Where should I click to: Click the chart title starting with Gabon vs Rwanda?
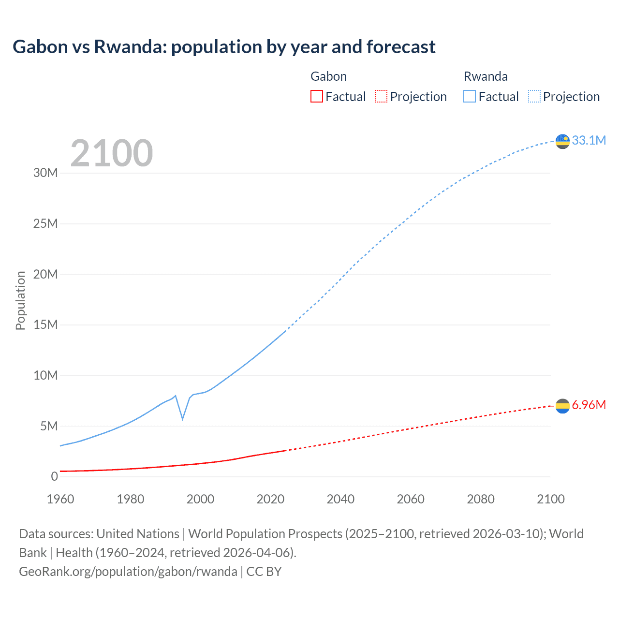click(224, 47)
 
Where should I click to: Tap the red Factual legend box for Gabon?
click(316, 96)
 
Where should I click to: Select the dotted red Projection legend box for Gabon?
click(381, 96)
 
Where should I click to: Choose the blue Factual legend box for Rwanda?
click(469, 96)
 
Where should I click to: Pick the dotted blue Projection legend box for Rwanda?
click(534, 96)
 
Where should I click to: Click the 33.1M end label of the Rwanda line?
click(589, 140)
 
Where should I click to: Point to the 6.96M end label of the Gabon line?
click(589, 405)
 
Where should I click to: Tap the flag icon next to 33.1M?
click(562, 141)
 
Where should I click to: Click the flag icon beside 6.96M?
click(562, 406)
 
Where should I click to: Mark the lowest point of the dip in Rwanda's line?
click(183, 418)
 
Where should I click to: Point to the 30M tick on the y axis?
click(45, 173)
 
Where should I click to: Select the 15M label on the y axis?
click(45, 324)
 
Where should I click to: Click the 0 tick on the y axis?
click(54, 476)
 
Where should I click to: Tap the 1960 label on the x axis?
click(60, 499)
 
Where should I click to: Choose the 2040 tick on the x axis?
click(340, 499)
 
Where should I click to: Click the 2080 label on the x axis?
click(481, 499)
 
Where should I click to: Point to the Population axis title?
click(20, 300)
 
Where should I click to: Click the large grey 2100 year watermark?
click(112, 153)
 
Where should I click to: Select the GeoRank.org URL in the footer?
click(128, 572)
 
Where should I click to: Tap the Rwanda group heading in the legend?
click(486, 76)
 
